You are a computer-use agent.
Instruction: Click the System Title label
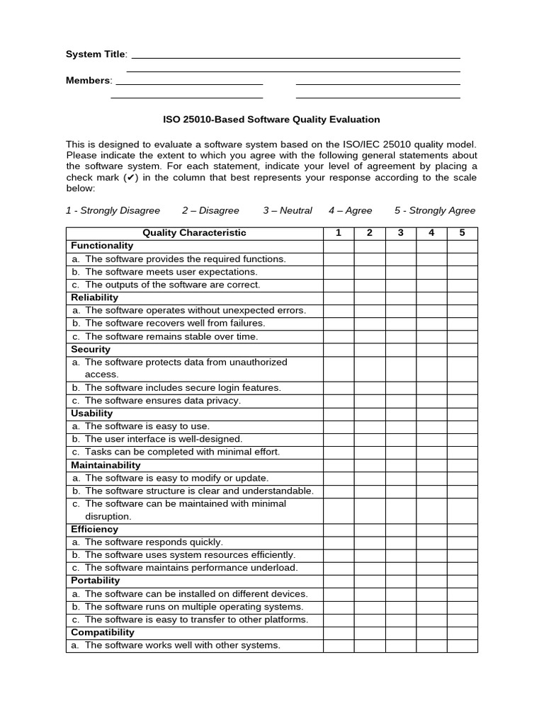(96, 55)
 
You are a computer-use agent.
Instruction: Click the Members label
(88, 80)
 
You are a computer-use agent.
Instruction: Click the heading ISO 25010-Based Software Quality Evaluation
(272, 120)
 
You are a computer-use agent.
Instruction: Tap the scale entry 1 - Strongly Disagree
(113, 210)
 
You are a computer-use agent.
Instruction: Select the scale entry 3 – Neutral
(288, 210)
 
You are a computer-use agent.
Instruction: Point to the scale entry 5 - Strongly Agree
(435, 210)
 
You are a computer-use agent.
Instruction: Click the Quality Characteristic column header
(194, 233)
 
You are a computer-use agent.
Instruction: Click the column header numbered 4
(431, 233)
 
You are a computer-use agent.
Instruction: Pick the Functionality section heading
(102, 246)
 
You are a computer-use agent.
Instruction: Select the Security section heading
(91, 349)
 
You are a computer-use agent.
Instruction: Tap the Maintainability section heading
(106, 465)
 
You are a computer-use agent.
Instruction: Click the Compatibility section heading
(103, 632)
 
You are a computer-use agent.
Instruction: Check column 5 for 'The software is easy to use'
(462, 426)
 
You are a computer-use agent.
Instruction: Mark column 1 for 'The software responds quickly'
(339, 542)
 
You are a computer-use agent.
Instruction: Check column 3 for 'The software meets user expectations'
(400, 272)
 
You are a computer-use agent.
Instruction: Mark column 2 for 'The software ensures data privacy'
(370, 401)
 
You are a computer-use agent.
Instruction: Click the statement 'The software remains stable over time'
(171, 336)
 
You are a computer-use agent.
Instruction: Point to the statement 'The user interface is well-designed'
(163, 439)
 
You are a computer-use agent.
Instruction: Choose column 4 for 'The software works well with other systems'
(431, 645)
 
